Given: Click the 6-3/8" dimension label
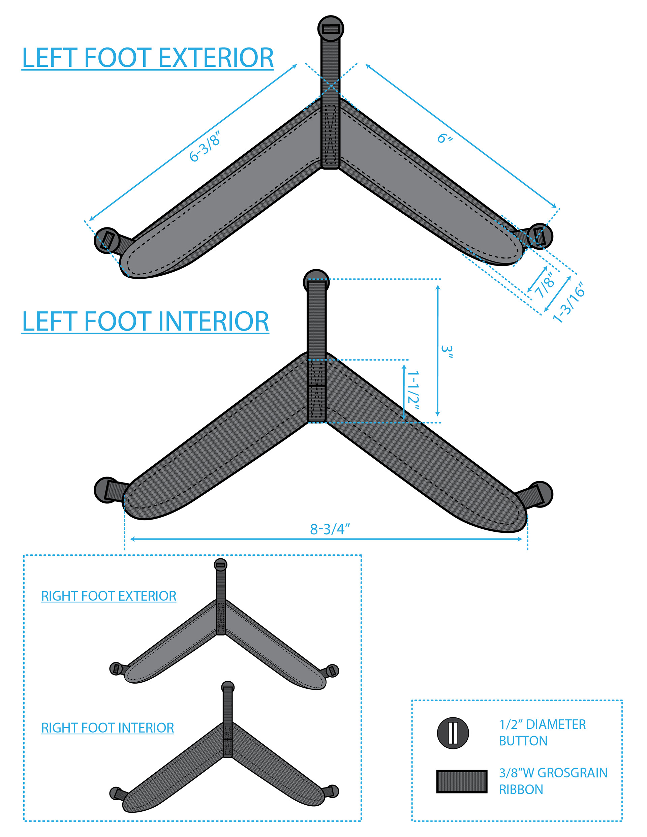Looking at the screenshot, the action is (206, 146).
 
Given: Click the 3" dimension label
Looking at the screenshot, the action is (447, 352).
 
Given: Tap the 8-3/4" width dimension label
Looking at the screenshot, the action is (330, 529).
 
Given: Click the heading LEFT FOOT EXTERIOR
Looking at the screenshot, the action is (148, 58).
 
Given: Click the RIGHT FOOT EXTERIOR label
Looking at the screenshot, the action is (109, 596).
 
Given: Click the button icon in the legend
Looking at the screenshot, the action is (453, 733).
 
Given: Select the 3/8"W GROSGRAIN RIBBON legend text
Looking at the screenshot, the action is (553, 781).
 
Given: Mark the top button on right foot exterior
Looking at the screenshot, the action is (220, 564).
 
